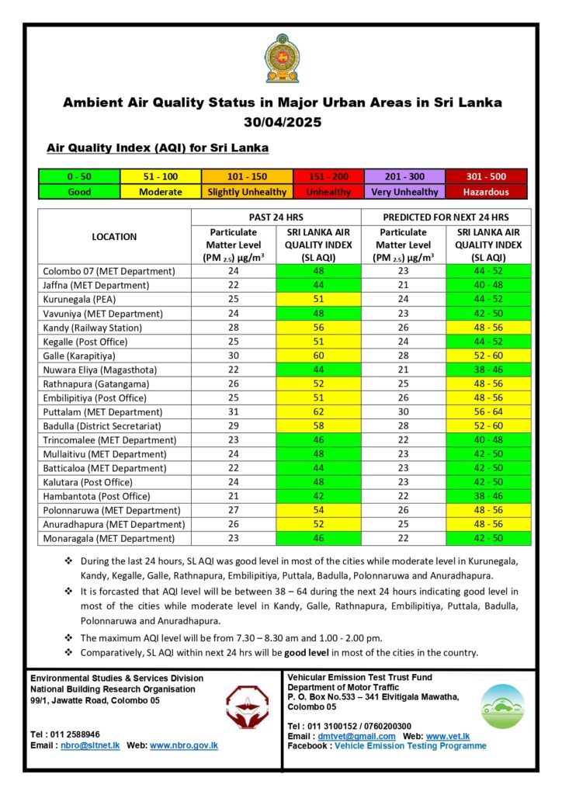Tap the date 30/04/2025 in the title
click(x=282, y=122)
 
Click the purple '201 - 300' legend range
click(x=404, y=177)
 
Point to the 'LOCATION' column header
click(x=114, y=237)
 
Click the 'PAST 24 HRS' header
click(x=276, y=217)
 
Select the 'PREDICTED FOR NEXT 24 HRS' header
click(x=446, y=217)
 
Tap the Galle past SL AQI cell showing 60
click(x=318, y=356)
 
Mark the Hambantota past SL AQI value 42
click(x=318, y=496)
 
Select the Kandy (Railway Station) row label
click(x=95, y=328)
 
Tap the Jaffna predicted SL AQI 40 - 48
click(x=488, y=286)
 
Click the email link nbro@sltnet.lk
click(x=90, y=745)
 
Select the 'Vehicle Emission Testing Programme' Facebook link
click(x=411, y=745)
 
